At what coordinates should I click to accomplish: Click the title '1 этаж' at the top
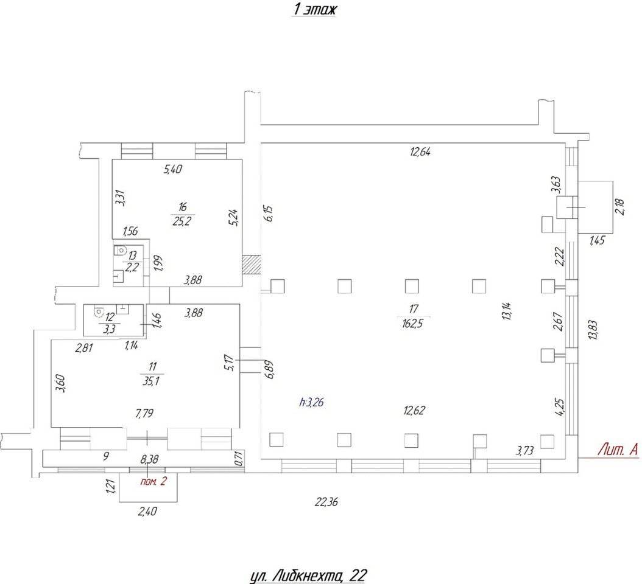pos(314,9)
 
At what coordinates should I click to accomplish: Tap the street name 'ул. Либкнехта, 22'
pos(308,575)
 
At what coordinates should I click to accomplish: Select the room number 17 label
pos(414,309)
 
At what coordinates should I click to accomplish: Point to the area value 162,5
pos(412,324)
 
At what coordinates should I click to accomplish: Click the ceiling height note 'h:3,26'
pos(312,403)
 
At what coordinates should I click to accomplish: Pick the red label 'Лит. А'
pos(618,450)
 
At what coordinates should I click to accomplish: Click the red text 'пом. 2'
pos(153,481)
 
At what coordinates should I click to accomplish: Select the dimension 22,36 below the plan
pos(326,501)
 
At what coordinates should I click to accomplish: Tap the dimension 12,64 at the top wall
pos(420,151)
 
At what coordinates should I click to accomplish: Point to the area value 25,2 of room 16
pos(182,221)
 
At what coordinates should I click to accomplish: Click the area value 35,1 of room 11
pos(151,381)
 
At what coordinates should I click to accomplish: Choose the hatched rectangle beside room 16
pos(252,264)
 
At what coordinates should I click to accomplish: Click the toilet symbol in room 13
pos(120,250)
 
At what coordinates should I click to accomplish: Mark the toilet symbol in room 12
pos(99,312)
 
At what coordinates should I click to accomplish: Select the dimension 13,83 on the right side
pos(593,330)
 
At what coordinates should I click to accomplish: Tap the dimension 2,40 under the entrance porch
pos(147,511)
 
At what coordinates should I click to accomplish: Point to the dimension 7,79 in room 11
pos(144,413)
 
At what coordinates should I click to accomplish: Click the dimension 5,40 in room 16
pos(173,169)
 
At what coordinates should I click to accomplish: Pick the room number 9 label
pos(105,456)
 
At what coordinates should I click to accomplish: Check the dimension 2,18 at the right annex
pos(620,206)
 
